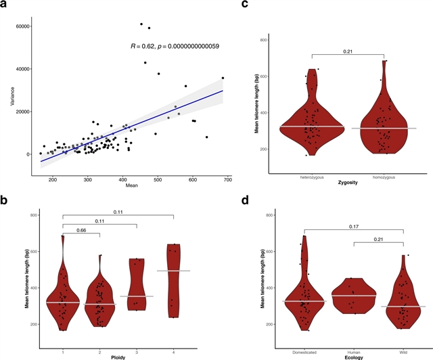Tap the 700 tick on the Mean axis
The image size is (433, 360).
(227, 179)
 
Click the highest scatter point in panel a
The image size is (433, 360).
(141, 24)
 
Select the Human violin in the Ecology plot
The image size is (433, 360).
(354, 296)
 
